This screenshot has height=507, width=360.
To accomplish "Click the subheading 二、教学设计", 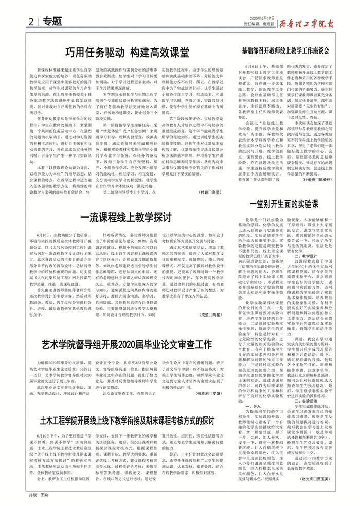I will tap(308, 254).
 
